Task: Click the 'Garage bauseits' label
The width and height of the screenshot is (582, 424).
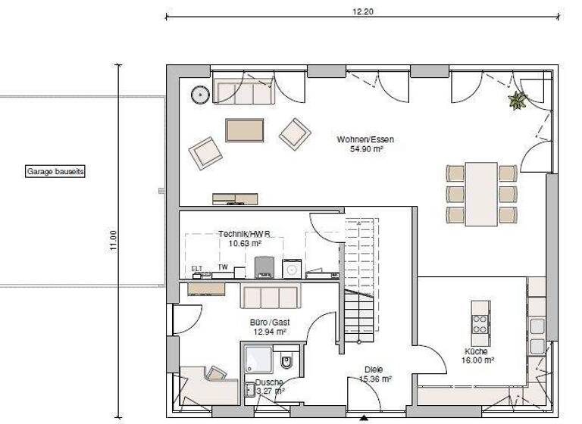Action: (x=55, y=172)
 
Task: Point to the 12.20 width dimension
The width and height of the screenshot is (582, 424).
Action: (x=363, y=11)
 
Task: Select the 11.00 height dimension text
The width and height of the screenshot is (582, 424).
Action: (x=113, y=240)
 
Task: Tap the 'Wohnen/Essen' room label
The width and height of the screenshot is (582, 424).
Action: (x=365, y=139)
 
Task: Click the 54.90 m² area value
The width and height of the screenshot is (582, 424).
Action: (x=365, y=149)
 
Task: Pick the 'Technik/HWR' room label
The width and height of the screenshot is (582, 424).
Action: (x=239, y=234)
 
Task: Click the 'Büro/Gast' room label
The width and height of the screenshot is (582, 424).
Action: (x=270, y=322)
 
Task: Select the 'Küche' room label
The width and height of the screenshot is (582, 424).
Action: (x=477, y=351)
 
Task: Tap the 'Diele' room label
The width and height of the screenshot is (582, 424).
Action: (x=374, y=369)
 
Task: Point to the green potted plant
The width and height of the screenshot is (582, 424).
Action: (x=518, y=100)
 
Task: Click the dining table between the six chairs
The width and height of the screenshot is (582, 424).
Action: (x=480, y=193)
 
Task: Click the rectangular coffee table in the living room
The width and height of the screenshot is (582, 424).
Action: (x=244, y=129)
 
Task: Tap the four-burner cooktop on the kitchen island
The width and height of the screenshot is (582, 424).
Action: (x=480, y=324)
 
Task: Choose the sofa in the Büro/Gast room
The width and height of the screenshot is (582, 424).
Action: (x=270, y=296)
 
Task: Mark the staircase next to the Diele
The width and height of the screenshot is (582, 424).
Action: (x=360, y=280)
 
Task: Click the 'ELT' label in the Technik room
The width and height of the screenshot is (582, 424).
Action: (x=196, y=268)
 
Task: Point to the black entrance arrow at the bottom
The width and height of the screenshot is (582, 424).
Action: (x=365, y=418)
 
